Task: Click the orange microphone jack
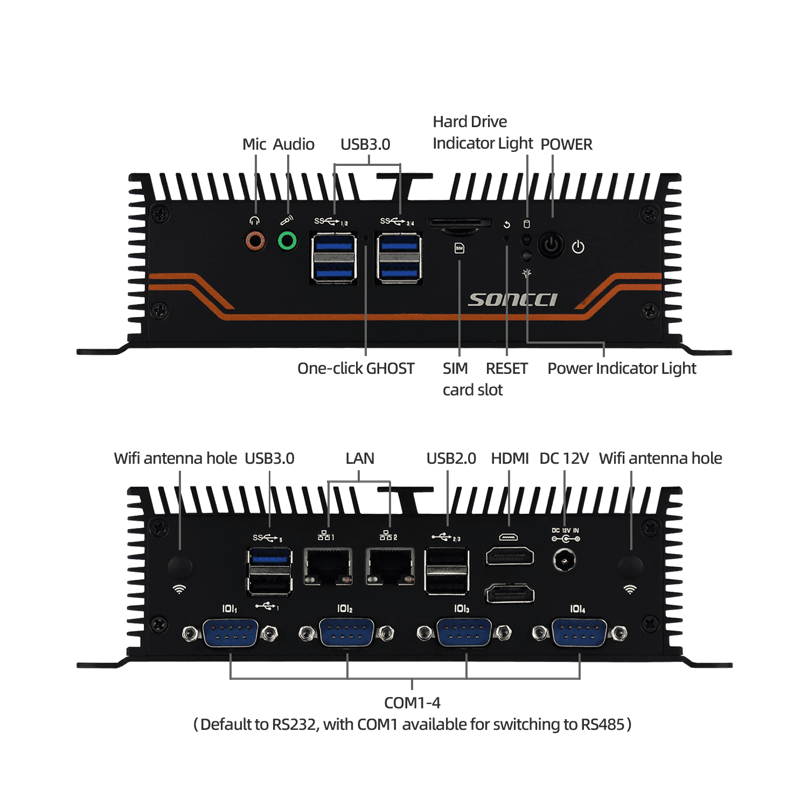(x=255, y=240)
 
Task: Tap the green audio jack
(x=287, y=240)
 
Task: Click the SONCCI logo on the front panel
(x=512, y=299)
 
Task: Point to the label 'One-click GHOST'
(x=356, y=368)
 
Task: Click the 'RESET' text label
(x=506, y=368)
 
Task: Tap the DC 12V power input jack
(x=564, y=561)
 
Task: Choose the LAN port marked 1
(x=328, y=566)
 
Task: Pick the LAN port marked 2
(x=390, y=566)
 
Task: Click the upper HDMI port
(x=510, y=556)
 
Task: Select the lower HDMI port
(x=510, y=594)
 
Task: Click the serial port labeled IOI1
(x=230, y=632)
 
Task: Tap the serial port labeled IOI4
(x=579, y=632)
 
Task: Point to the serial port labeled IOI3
(x=463, y=632)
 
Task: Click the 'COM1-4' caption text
(x=412, y=703)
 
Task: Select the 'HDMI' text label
(x=510, y=458)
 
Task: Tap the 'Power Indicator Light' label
(x=622, y=368)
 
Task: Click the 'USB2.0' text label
(x=451, y=458)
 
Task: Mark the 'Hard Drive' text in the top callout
(x=470, y=122)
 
